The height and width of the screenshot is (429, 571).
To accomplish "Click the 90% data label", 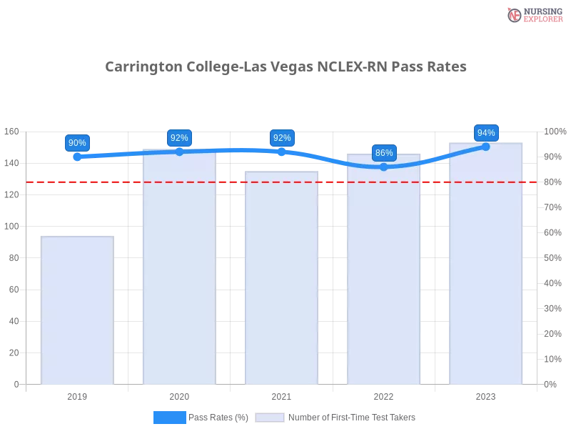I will point(77,143).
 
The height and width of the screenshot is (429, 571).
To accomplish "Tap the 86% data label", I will point(384,153).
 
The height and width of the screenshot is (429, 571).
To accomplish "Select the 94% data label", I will point(486,133).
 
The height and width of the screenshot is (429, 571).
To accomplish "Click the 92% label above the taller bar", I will point(179,138).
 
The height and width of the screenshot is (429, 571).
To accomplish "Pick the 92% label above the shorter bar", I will point(282,138).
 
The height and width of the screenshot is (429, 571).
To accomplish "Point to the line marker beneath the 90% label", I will point(77,157).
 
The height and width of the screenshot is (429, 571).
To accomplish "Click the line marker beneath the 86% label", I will point(384,167).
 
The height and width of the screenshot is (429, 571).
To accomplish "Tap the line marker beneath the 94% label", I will point(486,147).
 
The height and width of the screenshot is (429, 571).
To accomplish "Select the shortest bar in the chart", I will point(77,311).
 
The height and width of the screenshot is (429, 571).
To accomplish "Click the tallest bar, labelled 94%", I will point(486,265).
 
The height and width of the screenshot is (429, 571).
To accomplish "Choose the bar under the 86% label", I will point(383,272).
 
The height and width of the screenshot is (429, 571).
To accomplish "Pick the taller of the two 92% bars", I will point(180,268).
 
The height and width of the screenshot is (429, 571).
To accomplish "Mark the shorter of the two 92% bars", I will point(282,279).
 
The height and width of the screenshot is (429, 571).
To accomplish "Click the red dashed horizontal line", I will point(335,182).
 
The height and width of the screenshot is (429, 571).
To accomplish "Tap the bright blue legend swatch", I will point(169,417).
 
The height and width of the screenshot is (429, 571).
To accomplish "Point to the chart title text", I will point(285,67).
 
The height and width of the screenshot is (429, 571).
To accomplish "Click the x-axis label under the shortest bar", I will point(77,395).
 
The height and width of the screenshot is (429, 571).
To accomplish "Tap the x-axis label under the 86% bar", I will point(383,395).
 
